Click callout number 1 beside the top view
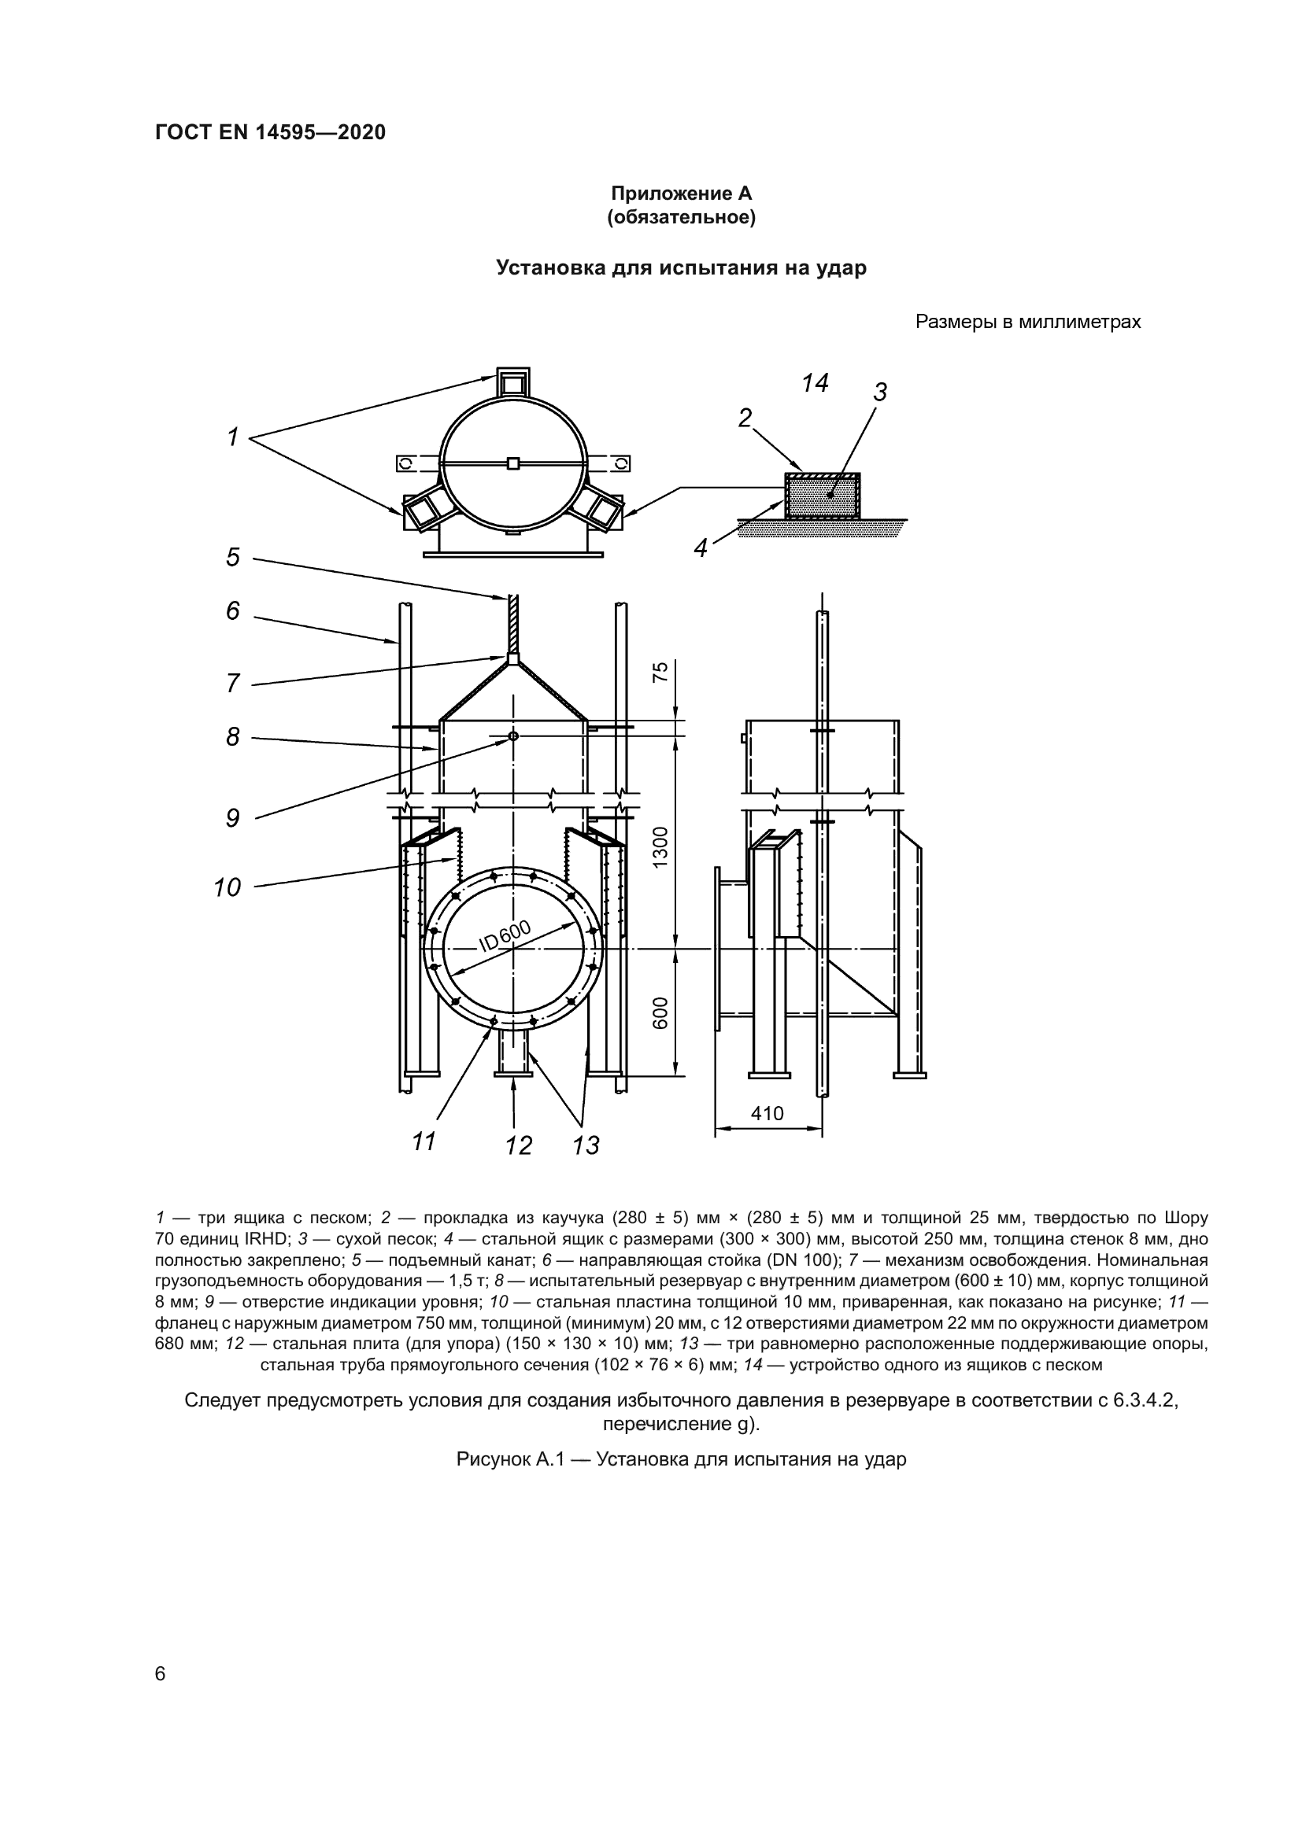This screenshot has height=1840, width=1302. [232, 437]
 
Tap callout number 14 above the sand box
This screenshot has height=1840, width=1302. [815, 384]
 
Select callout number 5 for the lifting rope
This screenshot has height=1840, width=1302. [232, 557]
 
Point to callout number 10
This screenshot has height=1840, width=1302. [227, 888]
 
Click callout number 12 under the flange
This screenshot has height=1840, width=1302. [519, 1146]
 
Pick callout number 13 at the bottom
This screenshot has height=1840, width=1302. [586, 1146]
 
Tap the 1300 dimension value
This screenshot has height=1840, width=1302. [660, 846]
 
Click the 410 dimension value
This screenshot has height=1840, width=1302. [768, 1113]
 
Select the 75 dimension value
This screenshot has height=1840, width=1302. [660, 672]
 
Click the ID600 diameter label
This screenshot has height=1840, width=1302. [505, 936]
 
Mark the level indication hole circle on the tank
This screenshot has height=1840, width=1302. [514, 736]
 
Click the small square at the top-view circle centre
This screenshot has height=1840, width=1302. [514, 463]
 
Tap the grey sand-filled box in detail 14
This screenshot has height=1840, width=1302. [823, 496]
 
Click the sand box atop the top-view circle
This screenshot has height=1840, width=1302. [513, 382]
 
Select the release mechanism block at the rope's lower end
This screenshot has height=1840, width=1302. [513, 658]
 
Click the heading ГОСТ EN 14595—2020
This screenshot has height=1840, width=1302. [270, 132]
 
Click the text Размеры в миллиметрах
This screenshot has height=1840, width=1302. [1028, 323]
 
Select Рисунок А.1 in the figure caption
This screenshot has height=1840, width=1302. [511, 1459]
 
